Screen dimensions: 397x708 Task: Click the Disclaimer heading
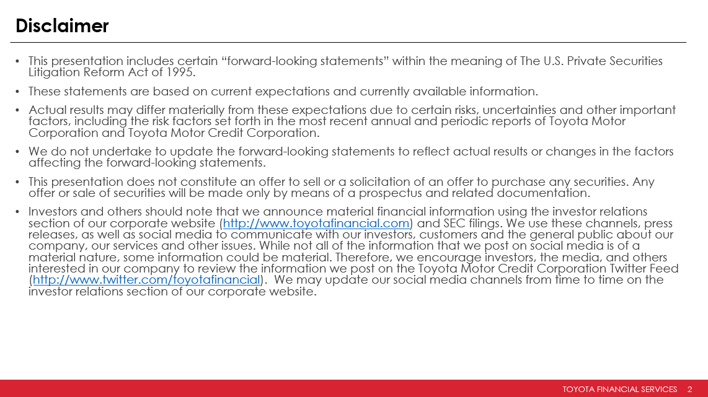pos(62,26)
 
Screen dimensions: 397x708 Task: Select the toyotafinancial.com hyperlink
pos(316,223)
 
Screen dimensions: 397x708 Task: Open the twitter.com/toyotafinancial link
pos(146,279)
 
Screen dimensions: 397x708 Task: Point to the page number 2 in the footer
pos(689,389)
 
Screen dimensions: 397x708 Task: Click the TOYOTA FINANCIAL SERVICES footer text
pos(619,389)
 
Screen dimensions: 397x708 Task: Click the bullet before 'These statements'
pos(18,92)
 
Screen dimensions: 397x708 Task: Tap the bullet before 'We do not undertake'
pos(18,152)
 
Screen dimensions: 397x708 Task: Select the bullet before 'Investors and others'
pos(18,212)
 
